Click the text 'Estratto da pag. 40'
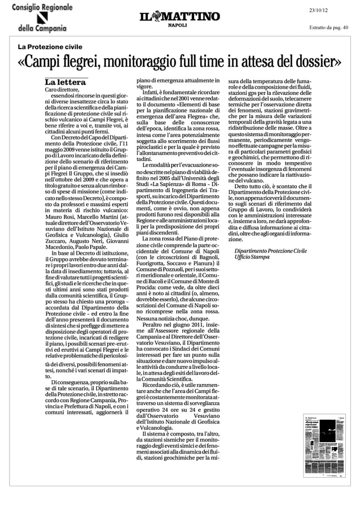click(329, 27)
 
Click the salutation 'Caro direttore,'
click(64, 90)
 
